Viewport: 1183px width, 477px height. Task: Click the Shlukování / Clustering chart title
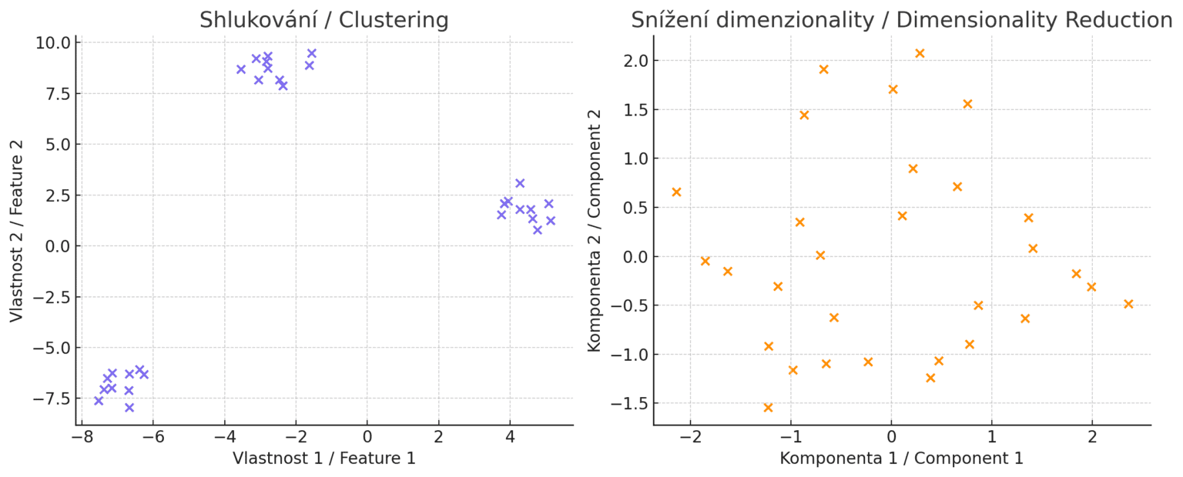pyautogui.click(x=323, y=20)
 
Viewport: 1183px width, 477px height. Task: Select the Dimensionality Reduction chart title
pyautogui.click(x=901, y=20)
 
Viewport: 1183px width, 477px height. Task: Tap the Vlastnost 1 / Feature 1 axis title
pyautogui.click(x=323, y=459)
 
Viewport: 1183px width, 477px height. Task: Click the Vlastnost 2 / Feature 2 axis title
pyautogui.click(x=17, y=231)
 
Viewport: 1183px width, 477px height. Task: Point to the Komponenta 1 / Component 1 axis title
pyautogui.click(x=901, y=459)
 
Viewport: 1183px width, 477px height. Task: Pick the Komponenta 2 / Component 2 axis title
pyautogui.click(x=595, y=231)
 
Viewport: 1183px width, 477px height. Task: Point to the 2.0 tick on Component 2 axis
pyautogui.click(x=635, y=61)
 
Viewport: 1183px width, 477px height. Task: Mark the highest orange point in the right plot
pyautogui.click(x=920, y=53)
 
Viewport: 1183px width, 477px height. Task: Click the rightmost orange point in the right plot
pyautogui.click(x=1128, y=304)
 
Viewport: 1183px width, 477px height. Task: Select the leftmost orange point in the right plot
pyautogui.click(x=676, y=192)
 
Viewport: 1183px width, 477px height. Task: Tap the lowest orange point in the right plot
pyautogui.click(x=768, y=408)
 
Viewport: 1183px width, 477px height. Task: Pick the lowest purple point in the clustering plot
pyautogui.click(x=129, y=408)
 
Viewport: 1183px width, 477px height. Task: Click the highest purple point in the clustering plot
pyautogui.click(x=312, y=54)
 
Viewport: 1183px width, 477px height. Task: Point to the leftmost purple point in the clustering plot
pyautogui.click(x=99, y=401)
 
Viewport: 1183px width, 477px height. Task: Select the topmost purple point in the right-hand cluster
pyautogui.click(x=520, y=183)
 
